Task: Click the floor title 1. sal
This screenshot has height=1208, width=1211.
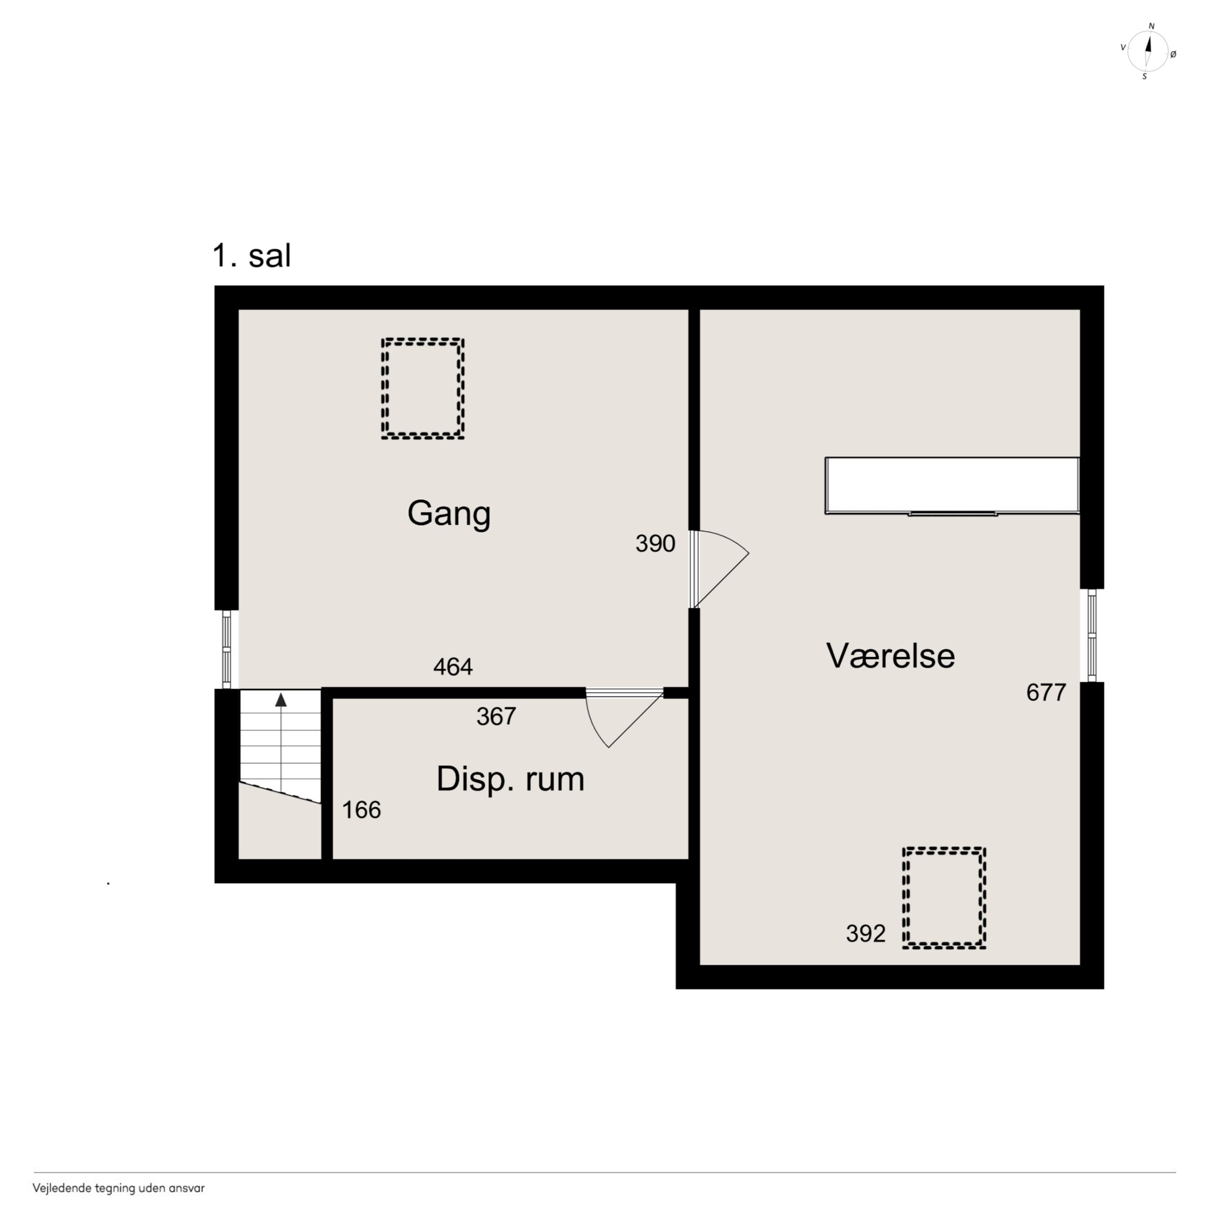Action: tap(252, 256)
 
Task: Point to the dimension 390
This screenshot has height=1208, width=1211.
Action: tap(655, 544)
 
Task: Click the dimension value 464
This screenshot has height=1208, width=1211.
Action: tap(453, 667)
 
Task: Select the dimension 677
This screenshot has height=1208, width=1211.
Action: tap(1046, 692)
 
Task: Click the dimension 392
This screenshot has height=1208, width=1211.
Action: tap(865, 934)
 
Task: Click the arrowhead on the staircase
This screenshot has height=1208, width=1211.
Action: tap(281, 700)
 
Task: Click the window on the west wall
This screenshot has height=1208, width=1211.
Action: tap(226, 650)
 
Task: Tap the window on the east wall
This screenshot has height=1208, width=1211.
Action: tap(1092, 635)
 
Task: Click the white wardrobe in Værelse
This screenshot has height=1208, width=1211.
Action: tap(952, 486)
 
